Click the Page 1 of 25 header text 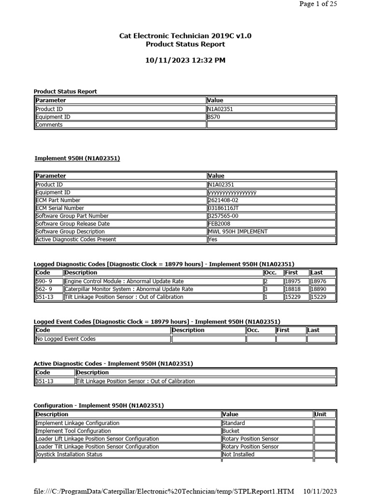[318, 4]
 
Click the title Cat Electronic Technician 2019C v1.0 [185, 36]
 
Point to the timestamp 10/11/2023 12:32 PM [185, 60]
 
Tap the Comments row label [49, 125]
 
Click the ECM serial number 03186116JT [223, 208]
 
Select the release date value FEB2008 [220, 224]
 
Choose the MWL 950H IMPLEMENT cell [238, 232]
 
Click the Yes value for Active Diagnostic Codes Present [213, 239]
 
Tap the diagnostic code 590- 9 [44, 281]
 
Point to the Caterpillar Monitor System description [128, 289]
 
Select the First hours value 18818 [293, 289]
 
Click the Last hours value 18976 [318, 281]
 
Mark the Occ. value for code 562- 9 [266, 289]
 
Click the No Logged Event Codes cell [66, 339]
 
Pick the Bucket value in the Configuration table [231, 431]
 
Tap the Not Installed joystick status [238, 454]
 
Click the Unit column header [321, 414]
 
